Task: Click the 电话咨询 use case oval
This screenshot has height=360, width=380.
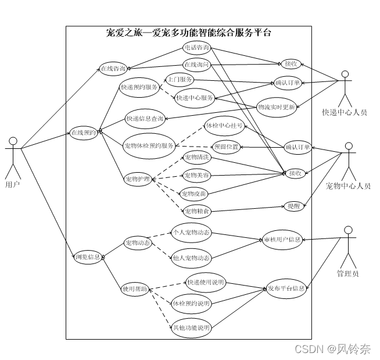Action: point(196,48)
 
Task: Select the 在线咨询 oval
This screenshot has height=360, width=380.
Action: point(113,68)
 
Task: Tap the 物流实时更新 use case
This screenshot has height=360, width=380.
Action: point(277,106)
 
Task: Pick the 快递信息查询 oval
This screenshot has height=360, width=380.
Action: point(145,119)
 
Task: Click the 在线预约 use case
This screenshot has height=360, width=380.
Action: point(83,133)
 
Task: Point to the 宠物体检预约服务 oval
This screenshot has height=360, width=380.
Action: point(149,145)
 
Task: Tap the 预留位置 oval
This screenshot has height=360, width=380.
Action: point(225,147)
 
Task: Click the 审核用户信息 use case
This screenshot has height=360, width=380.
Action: point(282,239)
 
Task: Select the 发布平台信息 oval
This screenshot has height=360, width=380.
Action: point(286,288)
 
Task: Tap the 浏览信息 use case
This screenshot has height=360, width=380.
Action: point(88,257)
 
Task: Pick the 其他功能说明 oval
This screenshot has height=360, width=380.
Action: point(191,328)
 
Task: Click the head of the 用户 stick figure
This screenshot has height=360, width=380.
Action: point(13,140)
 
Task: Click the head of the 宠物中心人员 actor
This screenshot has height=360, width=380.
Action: point(349,146)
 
